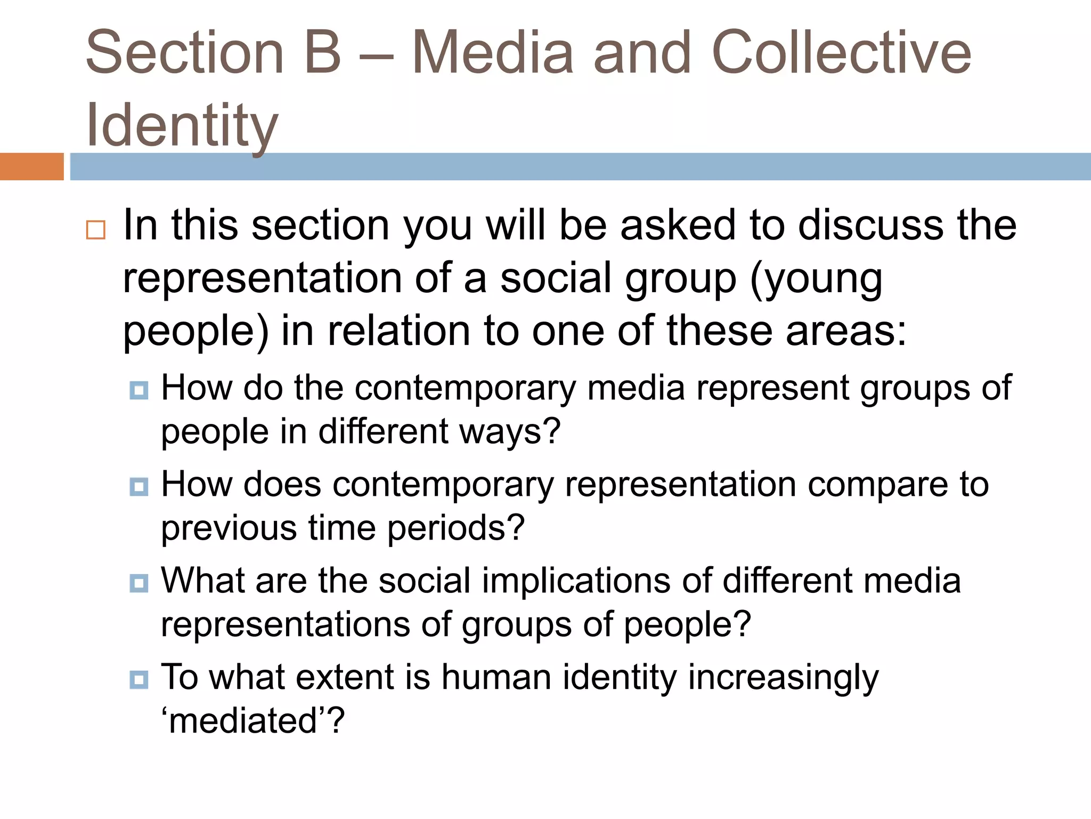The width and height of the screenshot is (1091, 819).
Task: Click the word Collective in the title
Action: [x=841, y=52]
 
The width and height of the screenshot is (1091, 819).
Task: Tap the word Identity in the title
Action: [x=182, y=126]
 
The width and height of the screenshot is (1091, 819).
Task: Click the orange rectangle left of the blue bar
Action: [x=31, y=166]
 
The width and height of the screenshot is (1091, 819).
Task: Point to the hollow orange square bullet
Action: [x=96, y=230]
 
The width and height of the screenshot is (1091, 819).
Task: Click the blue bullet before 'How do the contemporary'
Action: [x=139, y=390]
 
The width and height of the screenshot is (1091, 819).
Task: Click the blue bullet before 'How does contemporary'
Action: [x=139, y=486]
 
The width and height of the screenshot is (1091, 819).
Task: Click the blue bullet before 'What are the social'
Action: [x=139, y=583]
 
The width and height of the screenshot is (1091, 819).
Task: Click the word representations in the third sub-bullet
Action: [x=285, y=624]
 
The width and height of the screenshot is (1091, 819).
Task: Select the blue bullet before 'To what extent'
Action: [x=139, y=679]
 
